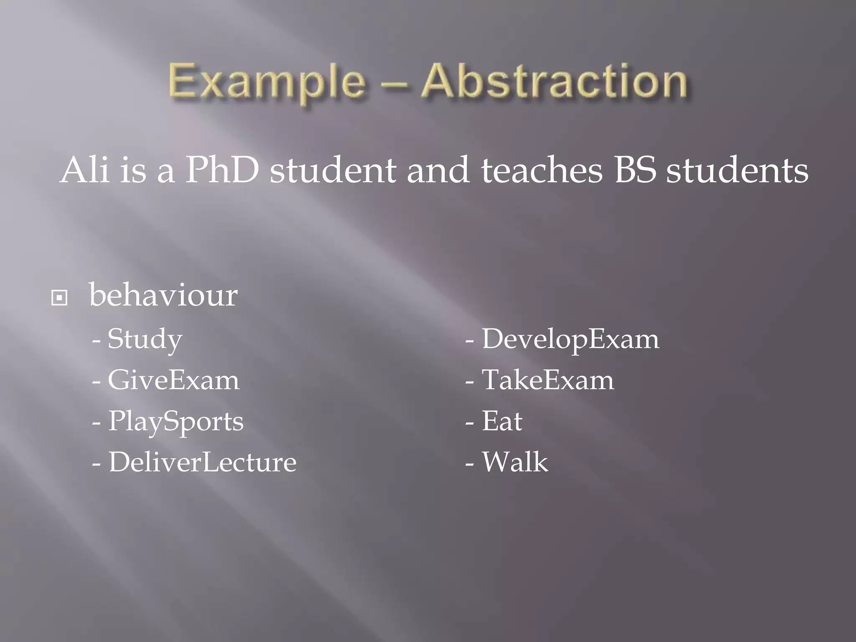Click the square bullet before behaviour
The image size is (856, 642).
pyautogui.click(x=59, y=298)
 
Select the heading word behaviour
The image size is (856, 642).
pyautogui.click(x=163, y=295)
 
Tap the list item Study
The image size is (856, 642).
pyautogui.click(x=145, y=339)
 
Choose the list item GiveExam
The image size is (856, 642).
pyautogui.click(x=173, y=380)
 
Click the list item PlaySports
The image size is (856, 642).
pyautogui.click(x=176, y=421)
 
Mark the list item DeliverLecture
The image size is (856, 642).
pyautogui.click(x=202, y=462)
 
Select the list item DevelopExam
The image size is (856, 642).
pyautogui.click(x=570, y=339)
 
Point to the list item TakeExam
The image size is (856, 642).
pyautogui.click(x=548, y=380)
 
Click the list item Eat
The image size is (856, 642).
pyautogui.click(x=502, y=421)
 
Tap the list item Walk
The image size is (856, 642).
pyautogui.click(x=515, y=462)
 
